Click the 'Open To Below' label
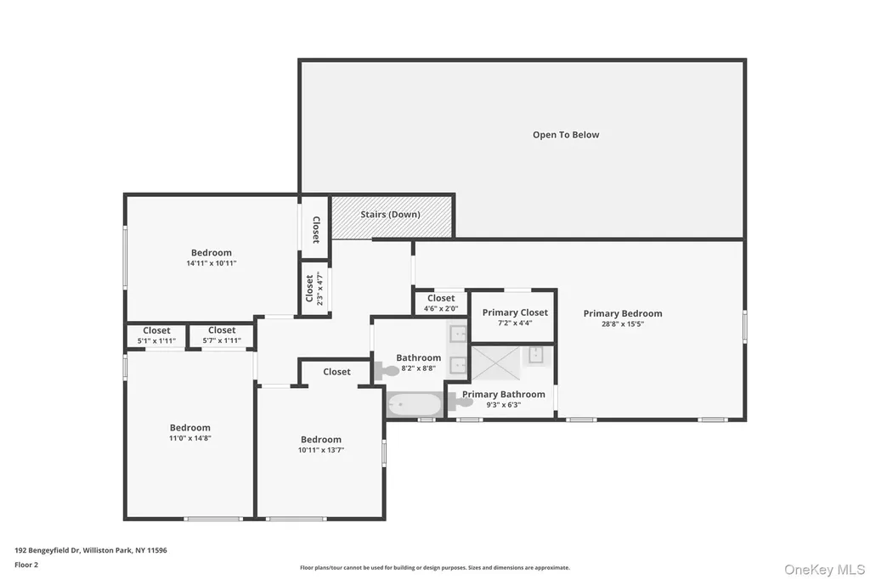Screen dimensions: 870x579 pyautogui.click(x=566, y=135)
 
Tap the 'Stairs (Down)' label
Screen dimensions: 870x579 pyautogui.click(x=390, y=215)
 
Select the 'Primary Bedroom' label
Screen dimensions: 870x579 pyautogui.click(x=623, y=313)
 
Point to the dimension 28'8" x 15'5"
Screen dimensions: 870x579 pyautogui.click(x=623, y=324)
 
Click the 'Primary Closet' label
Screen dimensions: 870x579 pyautogui.click(x=515, y=312)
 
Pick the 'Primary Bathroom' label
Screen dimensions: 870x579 pyautogui.click(x=503, y=394)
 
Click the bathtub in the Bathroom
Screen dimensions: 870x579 pyautogui.click(x=415, y=405)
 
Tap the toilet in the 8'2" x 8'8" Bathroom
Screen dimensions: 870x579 pyautogui.click(x=387, y=370)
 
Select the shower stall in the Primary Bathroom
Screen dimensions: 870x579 pyautogui.click(x=495, y=363)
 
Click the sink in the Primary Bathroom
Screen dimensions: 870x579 pyautogui.click(x=535, y=355)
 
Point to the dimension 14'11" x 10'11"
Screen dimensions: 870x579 pyautogui.click(x=212, y=263)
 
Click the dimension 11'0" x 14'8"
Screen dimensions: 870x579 pyautogui.click(x=189, y=438)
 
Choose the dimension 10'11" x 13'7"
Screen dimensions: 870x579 pyautogui.click(x=320, y=450)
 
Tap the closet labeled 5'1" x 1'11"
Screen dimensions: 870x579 pyautogui.click(x=156, y=336)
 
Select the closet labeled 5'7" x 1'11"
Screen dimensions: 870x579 pyautogui.click(x=222, y=336)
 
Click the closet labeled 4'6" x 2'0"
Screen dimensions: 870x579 pyautogui.click(x=441, y=303)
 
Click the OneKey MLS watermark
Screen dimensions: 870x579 pyautogui.click(x=824, y=570)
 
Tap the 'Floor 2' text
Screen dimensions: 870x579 pyautogui.click(x=26, y=565)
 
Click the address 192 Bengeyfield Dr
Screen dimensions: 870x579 pyautogui.click(x=48, y=550)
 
